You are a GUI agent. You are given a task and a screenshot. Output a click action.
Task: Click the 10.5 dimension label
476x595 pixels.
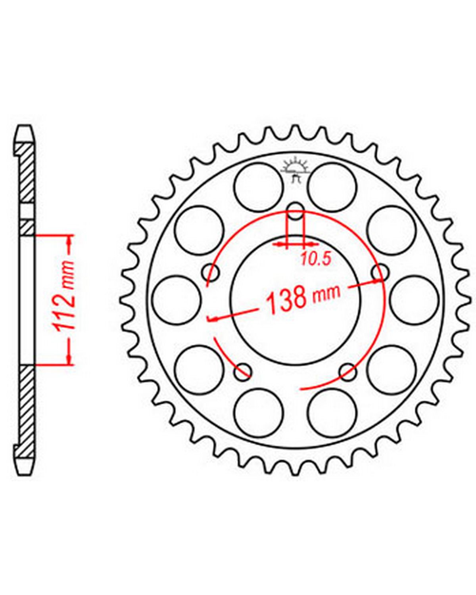coord(316,259)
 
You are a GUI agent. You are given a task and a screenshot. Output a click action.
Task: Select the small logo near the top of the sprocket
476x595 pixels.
coord(295,170)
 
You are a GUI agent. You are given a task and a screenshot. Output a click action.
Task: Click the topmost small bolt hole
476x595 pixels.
coord(296,211)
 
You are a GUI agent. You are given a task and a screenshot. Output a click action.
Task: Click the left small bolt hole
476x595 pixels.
coord(211,273)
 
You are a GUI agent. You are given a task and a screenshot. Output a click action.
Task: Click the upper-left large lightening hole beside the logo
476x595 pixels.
coord(259,187)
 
